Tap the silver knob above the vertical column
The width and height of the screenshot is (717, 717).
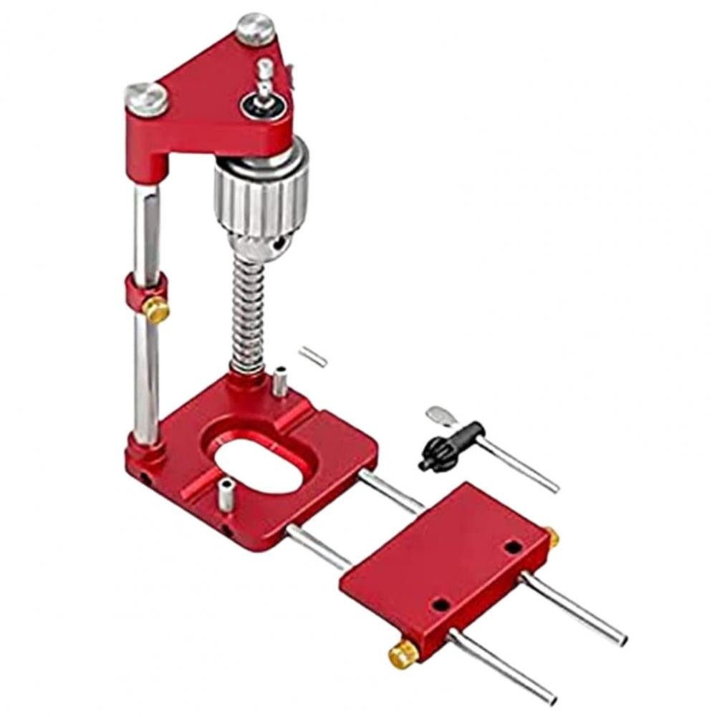(147, 98)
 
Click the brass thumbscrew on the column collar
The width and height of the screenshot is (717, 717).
(156, 310)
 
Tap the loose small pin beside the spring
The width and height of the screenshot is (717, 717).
(313, 356)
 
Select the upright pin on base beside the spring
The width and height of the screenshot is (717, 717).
(280, 381)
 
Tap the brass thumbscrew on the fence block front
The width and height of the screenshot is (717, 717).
(404, 653)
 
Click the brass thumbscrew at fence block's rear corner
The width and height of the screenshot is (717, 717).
(551, 536)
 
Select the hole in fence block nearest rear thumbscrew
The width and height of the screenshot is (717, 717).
(512, 547)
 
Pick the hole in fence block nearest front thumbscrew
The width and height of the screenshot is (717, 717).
(441, 605)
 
